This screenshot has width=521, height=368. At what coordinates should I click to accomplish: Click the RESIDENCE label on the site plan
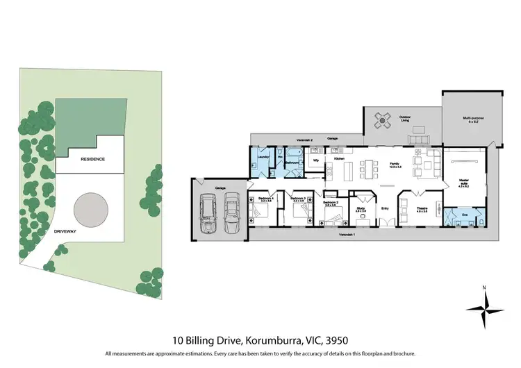tap(92, 159)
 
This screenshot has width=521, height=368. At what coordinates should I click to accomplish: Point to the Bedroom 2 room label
tap(331, 203)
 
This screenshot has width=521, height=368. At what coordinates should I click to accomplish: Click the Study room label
tap(361, 208)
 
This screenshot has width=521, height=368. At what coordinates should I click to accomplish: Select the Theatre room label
tap(422, 208)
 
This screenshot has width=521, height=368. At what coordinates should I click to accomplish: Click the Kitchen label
tap(339, 159)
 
